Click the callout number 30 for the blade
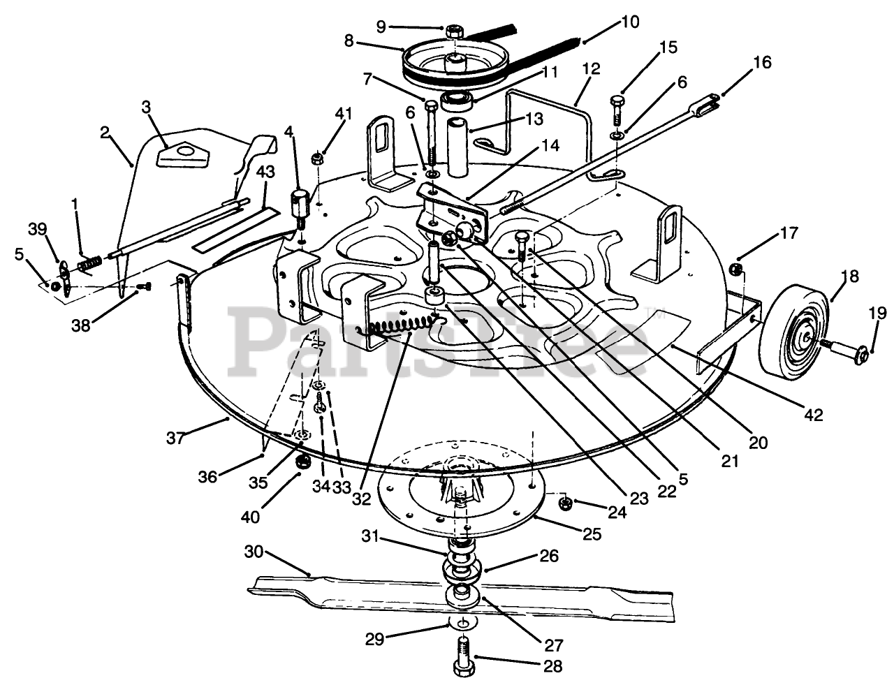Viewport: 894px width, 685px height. click(x=254, y=551)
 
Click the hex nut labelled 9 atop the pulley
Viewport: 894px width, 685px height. click(x=453, y=31)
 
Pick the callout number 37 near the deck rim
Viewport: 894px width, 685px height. click(x=175, y=438)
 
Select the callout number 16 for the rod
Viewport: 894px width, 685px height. click(x=762, y=63)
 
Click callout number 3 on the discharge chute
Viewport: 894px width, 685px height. click(x=146, y=107)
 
